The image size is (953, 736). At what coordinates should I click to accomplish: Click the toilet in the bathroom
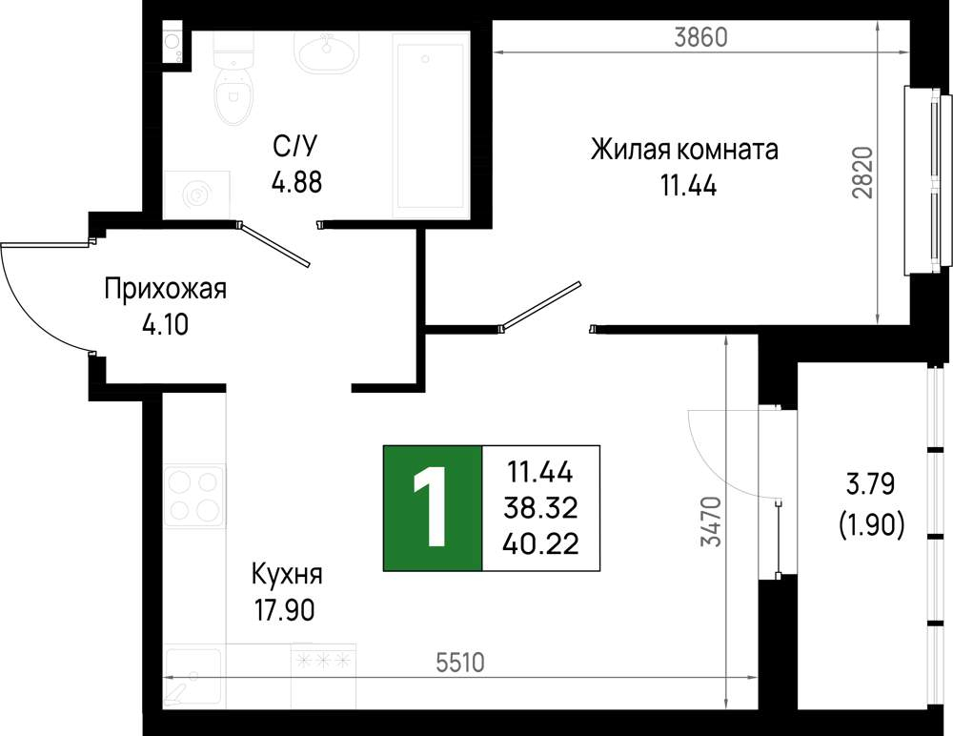click(x=233, y=78)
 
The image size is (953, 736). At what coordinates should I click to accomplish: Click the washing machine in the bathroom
click(x=197, y=194)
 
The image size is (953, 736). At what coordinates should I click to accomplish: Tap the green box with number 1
click(x=433, y=508)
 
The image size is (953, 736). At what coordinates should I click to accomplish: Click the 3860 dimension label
click(x=700, y=38)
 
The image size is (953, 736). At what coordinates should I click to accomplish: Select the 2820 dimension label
click(x=862, y=173)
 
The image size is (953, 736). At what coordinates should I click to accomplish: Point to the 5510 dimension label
click(x=460, y=663)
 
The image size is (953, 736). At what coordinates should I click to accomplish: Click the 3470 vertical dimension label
click(x=711, y=521)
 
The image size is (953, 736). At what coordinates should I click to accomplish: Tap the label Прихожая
click(x=165, y=289)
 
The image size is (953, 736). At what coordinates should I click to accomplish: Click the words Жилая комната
click(x=684, y=150)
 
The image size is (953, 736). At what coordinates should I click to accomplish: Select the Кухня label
click(x=287, y=574)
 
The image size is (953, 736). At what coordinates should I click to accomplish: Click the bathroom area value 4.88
click(x=296, y=182)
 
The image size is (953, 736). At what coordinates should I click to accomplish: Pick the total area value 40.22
click(x=541, y=543)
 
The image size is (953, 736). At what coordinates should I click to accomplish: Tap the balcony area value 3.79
click(x=870, y=485)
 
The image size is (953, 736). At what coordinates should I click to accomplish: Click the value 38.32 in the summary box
click(x=541, y=508)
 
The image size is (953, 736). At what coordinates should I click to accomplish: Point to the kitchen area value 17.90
click(x=285, y=610)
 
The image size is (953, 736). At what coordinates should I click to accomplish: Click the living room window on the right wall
click(x=928, y=180)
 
